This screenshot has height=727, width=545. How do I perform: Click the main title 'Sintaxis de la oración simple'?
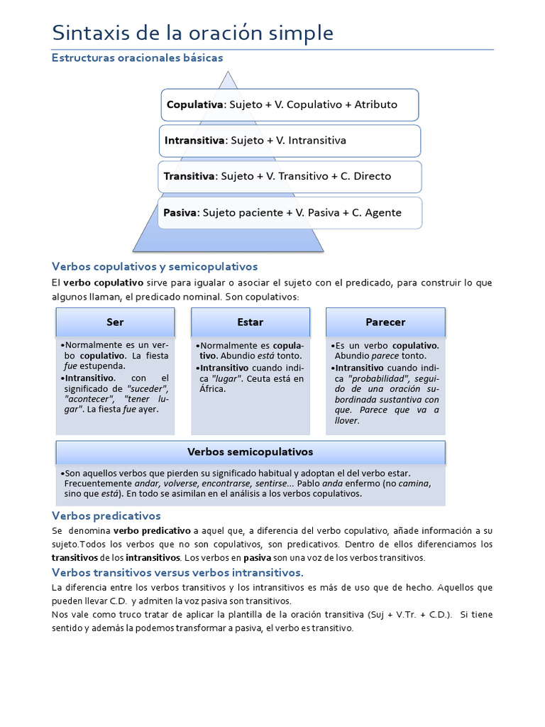(x=192, y=33)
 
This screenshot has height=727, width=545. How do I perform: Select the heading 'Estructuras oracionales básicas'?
(x=138, y=58)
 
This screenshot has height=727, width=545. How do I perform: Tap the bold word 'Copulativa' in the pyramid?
(x=195, y=104)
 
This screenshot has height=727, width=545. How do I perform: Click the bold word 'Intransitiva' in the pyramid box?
(x=194, y=141)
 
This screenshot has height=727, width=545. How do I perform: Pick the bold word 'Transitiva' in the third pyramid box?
(x=189, y=176)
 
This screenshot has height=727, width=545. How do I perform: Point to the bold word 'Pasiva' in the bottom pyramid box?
(x=180, y=212)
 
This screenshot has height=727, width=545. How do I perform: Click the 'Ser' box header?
(x=115, y=322)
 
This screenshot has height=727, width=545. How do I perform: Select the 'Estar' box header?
(x=250, y=322)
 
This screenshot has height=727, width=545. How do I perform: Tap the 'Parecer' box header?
(x=385, y=322)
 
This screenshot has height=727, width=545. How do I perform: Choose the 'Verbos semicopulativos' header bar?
(x=250, y=452)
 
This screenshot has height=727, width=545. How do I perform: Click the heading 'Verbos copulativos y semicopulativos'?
(x=155, y=266)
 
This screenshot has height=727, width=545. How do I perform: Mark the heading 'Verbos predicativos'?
(x=106, y=515)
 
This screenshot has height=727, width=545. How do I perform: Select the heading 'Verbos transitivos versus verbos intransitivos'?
(x=177, y=572)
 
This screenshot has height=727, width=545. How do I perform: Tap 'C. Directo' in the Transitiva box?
(x=365, y=176)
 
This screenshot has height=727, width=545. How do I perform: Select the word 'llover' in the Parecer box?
(x=347, y=420)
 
